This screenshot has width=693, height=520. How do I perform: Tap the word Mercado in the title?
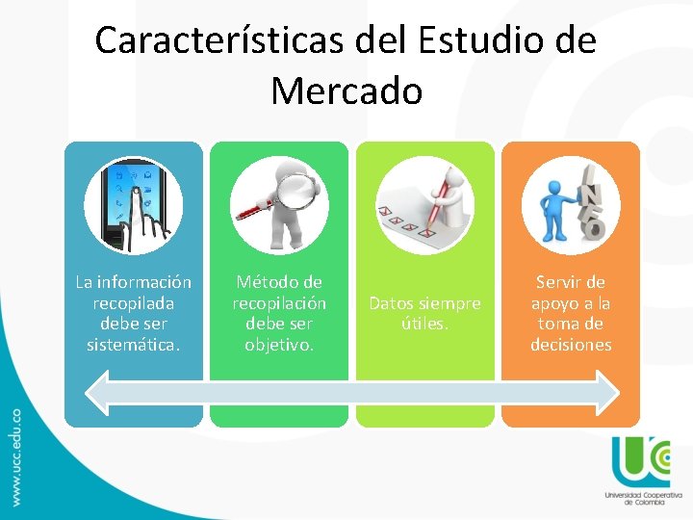point(346,91)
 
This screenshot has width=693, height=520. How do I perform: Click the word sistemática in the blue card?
point(134,345)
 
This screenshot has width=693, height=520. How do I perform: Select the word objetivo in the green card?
point(279,345)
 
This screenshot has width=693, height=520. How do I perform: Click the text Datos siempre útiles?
point(425,314)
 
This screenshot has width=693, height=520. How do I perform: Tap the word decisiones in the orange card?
point(571,345)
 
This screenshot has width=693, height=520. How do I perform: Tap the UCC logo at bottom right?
point(639,461)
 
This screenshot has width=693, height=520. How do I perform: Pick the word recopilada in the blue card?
point(134,303)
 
